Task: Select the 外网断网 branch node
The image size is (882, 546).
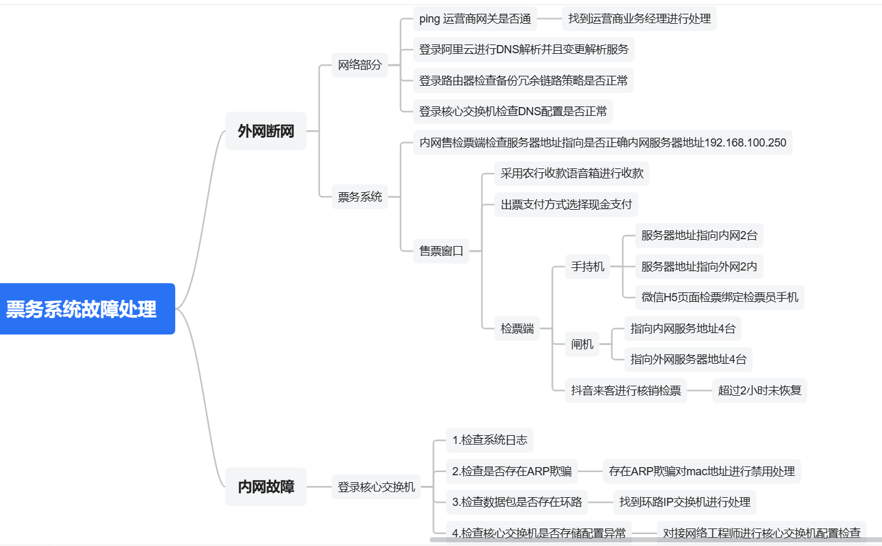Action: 265,131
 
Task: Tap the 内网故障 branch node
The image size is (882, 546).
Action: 265,487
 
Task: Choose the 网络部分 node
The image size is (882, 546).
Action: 359,64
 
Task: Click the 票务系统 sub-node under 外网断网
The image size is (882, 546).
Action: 359,197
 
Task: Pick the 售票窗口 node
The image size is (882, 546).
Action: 441,251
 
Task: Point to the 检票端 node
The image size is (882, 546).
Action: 517,328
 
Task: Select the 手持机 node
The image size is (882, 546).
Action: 587,267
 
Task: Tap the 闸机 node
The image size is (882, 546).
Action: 582,344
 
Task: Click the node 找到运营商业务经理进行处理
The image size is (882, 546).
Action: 639,19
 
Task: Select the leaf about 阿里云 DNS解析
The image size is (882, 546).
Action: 523,49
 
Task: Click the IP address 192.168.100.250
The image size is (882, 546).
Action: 745,143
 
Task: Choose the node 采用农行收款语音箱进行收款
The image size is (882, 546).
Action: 572,173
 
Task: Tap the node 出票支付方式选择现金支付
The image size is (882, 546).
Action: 566,204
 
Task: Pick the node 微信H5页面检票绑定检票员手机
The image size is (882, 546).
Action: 719,297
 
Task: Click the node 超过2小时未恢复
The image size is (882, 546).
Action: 759,390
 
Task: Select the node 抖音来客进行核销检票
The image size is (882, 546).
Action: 625,390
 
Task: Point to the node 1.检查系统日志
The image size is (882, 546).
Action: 490,440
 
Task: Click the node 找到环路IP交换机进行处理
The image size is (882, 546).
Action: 685,502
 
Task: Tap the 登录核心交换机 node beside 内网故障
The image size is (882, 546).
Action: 376,487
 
